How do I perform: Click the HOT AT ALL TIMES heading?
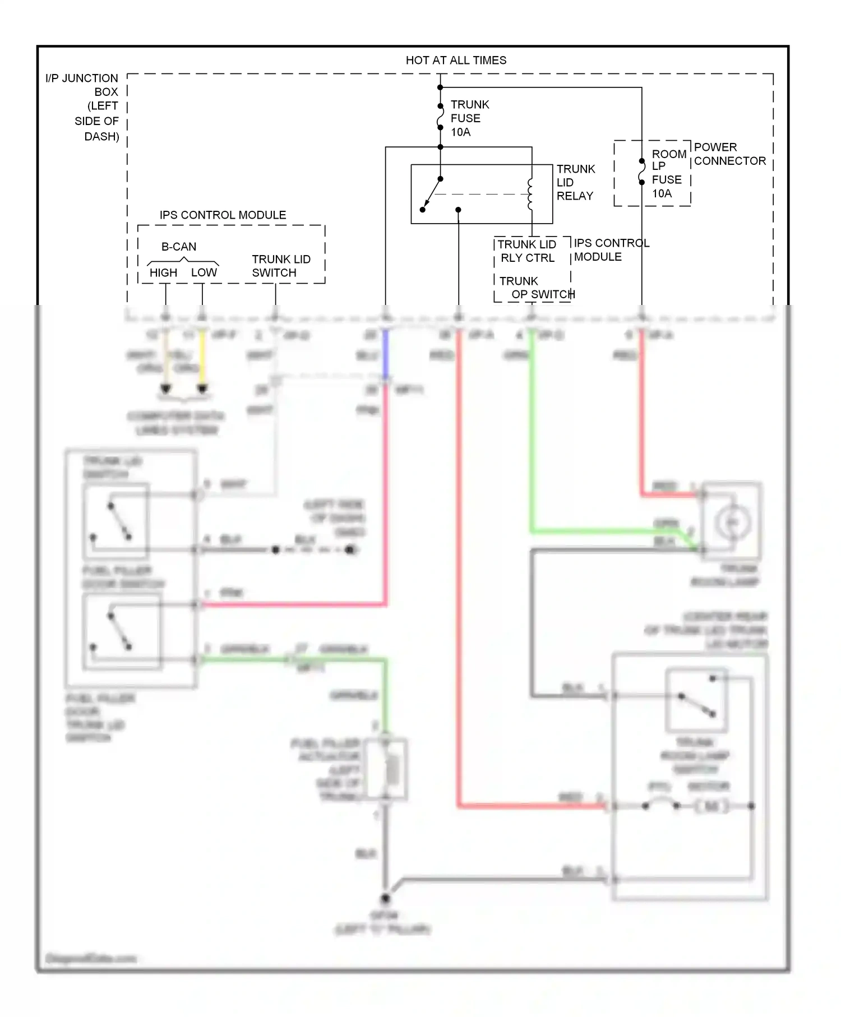coord(456,60)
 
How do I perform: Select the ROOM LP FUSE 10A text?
coord(668,173)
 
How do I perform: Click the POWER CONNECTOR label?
coord(729,154)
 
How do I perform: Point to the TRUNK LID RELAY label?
coord(575,182)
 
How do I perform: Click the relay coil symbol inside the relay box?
coord(530,194)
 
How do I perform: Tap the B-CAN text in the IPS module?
coord(179,247)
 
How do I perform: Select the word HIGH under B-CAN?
coord(163,273)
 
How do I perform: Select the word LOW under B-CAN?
coord(204,272)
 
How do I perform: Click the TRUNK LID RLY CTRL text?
coord(526,251)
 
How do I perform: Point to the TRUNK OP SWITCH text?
coord(535,288)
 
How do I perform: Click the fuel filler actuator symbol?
coord(387,769)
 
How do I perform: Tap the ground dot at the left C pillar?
coord(385,898)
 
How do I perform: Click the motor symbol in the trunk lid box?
coord(711,806)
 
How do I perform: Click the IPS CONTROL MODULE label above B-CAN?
coord(223,215)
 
